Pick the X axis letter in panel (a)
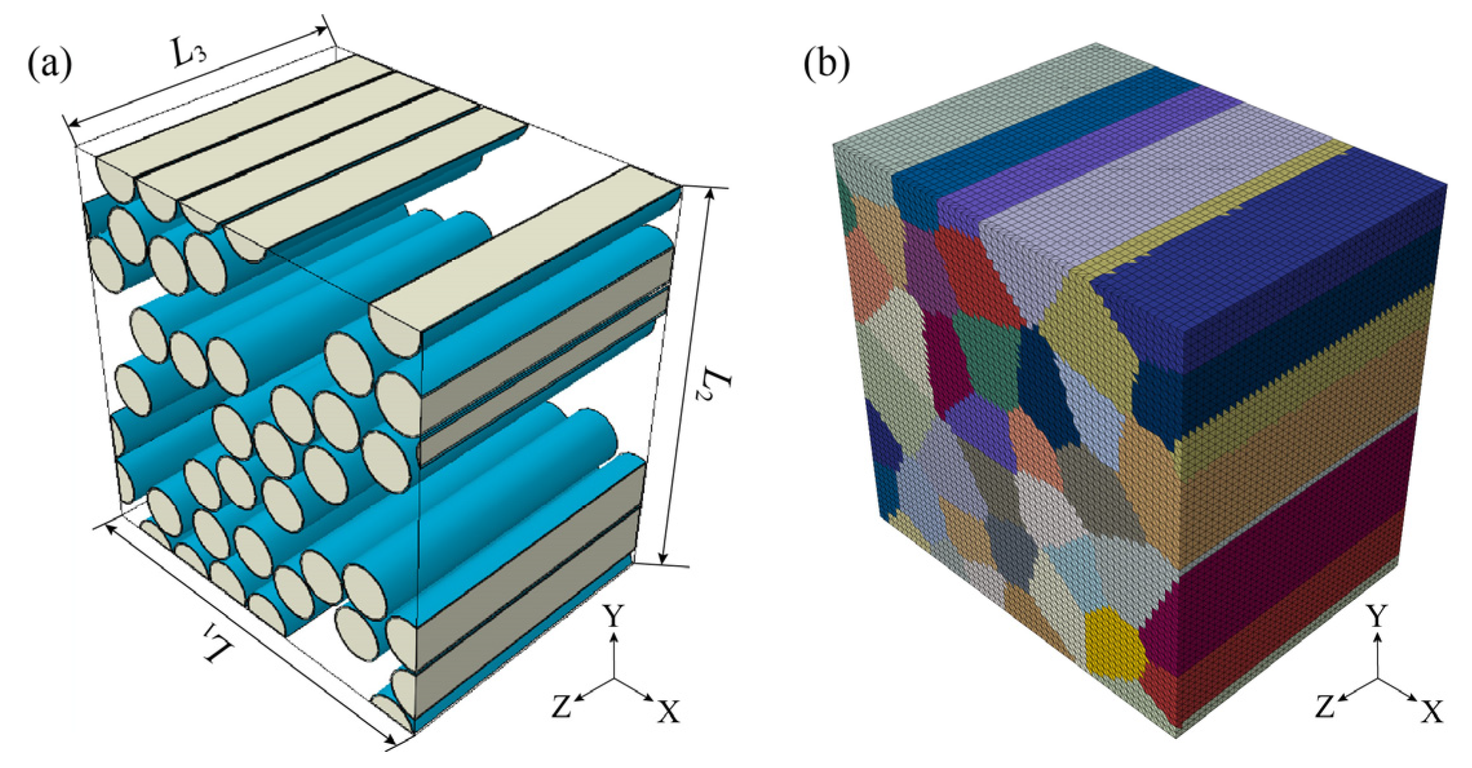click(x=668, y=711)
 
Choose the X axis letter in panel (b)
click(x=1432, y=711)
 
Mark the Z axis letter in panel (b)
click(x=1325, y=707)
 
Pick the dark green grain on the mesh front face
click(x=985, y=362)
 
